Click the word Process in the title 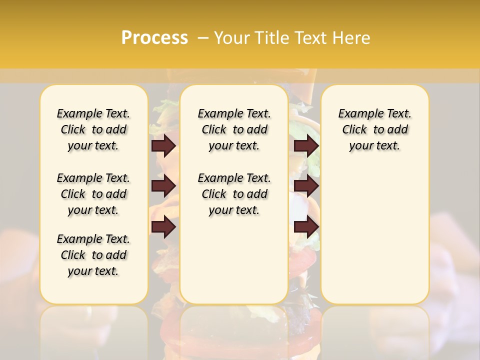tap(154, 37)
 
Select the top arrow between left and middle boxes tap(163, 145)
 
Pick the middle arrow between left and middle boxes tap(163, 186)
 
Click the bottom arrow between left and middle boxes tap(163, 227)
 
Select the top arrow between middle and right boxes tap(306, 145)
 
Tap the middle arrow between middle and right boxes tap(306, 186)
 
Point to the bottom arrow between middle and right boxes tap(306, 227)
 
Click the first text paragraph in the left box tap(93, 129)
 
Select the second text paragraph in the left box tap(93, 194)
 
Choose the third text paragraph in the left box tap(93, 255)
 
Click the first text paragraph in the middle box tap(234, 129)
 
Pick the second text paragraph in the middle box tap(234, 194)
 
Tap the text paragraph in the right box tap(374, 129)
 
